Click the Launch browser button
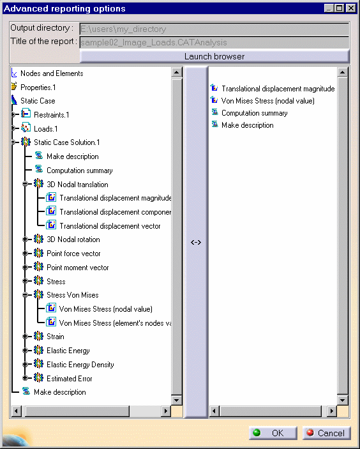214,56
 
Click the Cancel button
327,433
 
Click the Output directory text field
214,29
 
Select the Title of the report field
214,42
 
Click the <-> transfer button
196,242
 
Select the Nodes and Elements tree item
52,73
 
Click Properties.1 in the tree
38,88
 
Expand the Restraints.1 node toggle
13,114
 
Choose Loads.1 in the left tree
45,129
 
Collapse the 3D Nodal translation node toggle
25,184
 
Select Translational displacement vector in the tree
110,226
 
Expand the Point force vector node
25,254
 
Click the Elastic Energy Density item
80,365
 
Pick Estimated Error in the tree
69,379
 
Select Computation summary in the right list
255,113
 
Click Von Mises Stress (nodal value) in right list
268,101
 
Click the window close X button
351,8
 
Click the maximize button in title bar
340,8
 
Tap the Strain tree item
56,337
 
